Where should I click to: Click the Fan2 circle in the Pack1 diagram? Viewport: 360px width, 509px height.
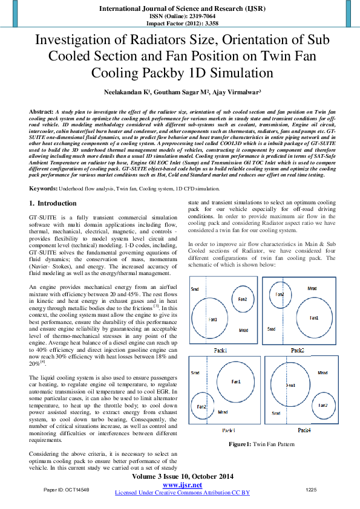coord(241,299)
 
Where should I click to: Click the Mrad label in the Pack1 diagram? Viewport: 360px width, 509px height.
coord(243,331)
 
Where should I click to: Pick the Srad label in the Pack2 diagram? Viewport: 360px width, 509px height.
coord(271,329)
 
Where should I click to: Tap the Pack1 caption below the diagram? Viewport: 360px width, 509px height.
coord(220,351)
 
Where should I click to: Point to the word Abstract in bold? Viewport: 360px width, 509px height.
coord(41,112)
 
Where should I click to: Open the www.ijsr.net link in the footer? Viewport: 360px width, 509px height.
coord(182,485)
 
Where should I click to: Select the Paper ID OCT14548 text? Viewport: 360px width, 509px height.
coord(67,489)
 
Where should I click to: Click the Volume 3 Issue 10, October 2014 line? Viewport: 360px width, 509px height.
coord(182,476)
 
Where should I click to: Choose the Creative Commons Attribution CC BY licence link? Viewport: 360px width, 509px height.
coord(182,493)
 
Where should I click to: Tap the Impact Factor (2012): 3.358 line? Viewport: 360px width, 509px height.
coord(180,24)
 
